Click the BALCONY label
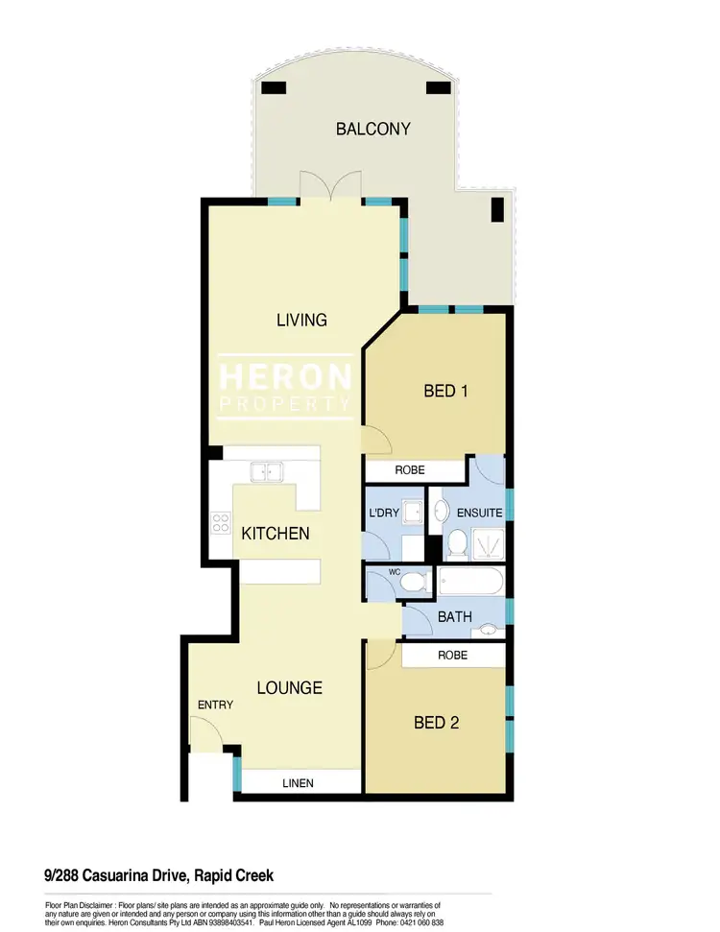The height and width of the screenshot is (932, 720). point(373,129)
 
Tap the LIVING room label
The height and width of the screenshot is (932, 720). point(302,320)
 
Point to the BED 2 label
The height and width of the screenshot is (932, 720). point(436,723)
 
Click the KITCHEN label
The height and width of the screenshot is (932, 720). point(276,533)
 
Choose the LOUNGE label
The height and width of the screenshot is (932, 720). point(289,688)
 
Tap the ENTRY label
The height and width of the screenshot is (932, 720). point(215,705)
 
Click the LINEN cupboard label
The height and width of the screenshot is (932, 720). point(298,783)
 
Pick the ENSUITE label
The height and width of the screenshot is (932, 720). point(480,514)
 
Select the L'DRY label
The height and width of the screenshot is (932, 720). point(385,514)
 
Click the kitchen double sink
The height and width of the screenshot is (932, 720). point(264,470)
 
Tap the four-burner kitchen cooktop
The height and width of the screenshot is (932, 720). point(221,523)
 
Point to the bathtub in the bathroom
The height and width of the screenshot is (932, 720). point(469,583)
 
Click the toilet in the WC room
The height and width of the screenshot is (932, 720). point(415,583)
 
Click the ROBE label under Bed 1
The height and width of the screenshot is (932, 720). point(414,471)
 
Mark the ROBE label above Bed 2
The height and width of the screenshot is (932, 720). point(453,656)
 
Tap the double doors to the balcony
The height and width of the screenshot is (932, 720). point(330,186)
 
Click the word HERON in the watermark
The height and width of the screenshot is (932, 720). point(285,377)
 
